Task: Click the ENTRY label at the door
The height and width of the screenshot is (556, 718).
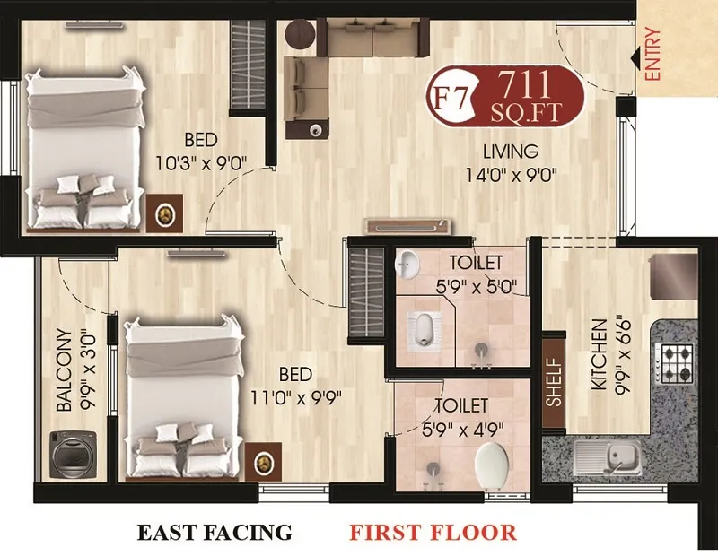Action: click(x=652, y=56)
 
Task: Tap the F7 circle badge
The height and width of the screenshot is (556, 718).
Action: click(x=449, y=95)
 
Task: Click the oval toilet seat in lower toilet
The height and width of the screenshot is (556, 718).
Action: click(x=490, y=463)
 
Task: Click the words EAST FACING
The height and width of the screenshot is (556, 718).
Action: click(x=215, y=533)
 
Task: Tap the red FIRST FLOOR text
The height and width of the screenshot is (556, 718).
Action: click(x=433, y=533)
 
